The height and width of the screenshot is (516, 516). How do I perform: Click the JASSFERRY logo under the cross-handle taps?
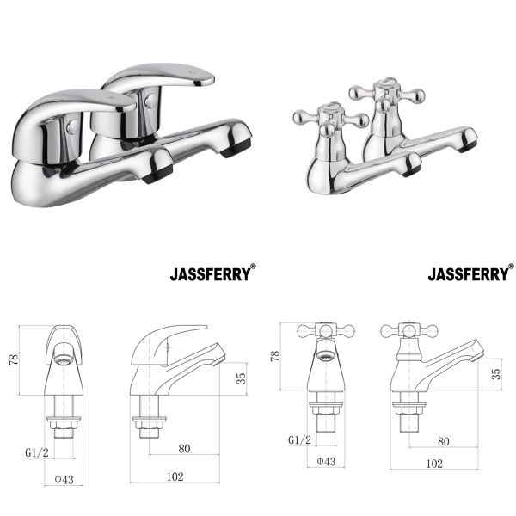pyautogui.click(x=470, y=275)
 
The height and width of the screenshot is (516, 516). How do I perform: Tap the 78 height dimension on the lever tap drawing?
pyautogui.click(x=13, y=360)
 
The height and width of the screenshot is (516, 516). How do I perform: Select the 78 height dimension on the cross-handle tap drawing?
pyautogui.click(x=273, y=355)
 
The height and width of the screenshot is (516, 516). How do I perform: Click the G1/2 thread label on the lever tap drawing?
pyautogui.click(x=35, y=451)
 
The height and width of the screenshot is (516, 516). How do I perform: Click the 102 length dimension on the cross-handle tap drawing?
pyautogui.click(x=434, y=464)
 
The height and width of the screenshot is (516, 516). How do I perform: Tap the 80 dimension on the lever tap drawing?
pyautogui.click(x=184, y=447)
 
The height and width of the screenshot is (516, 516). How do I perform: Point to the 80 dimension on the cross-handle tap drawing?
pyautogui.click(x=443, y=441)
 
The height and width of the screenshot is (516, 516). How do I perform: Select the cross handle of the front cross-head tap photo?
pyautogui.click(x=320, y=117)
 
